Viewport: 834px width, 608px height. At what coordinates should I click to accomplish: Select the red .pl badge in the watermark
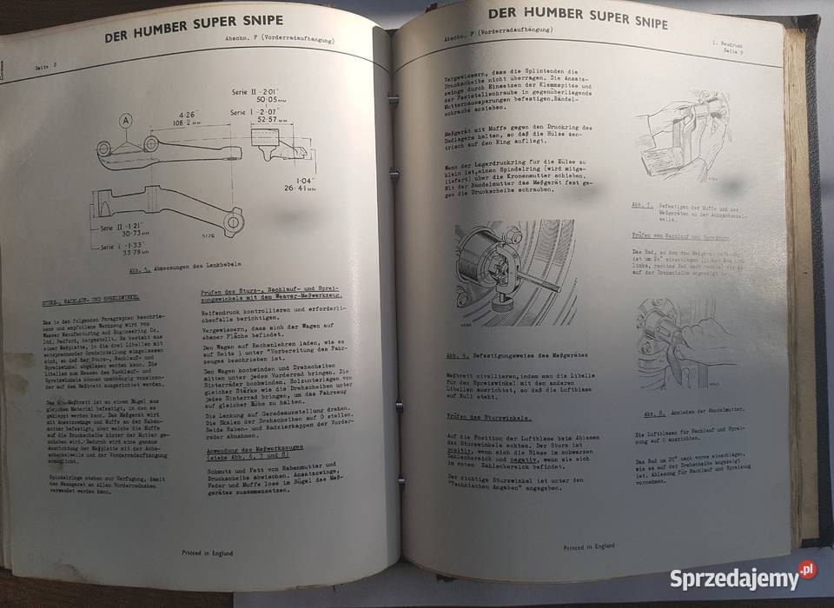(808, 569)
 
